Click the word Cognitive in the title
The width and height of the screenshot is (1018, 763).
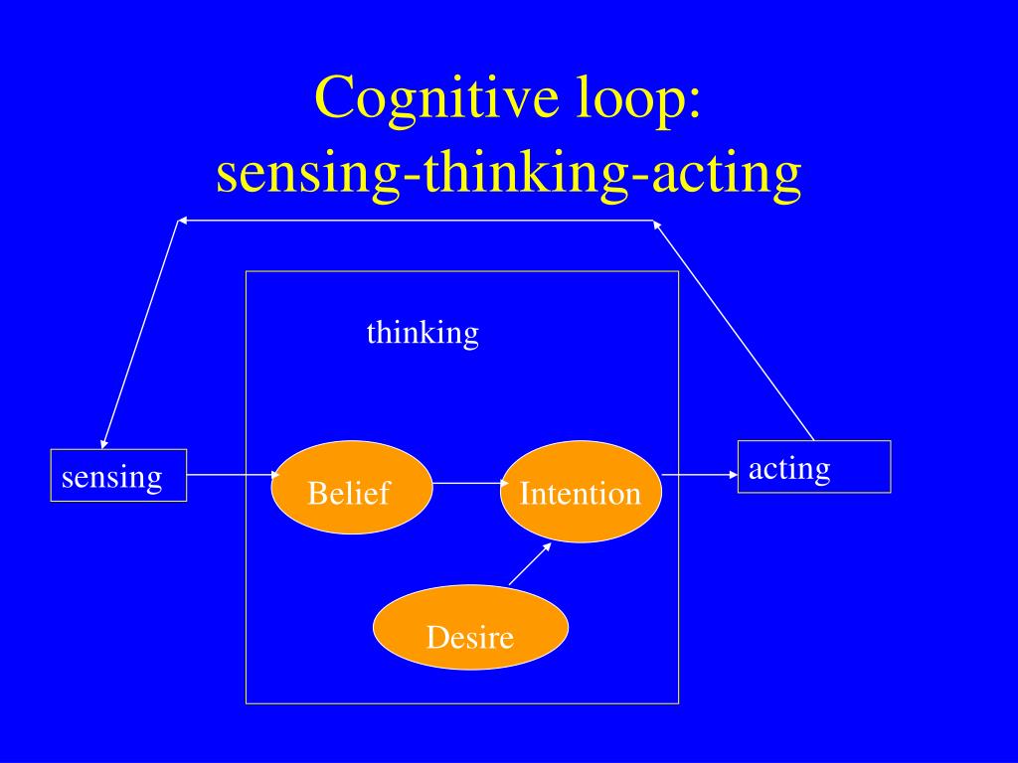437,97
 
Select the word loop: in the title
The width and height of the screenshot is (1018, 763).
639,97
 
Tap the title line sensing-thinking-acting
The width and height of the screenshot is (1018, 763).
509,173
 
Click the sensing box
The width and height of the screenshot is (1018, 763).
119,475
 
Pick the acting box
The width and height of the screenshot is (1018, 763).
814,467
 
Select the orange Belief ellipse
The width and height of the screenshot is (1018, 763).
351,487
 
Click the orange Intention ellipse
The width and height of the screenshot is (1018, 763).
581,491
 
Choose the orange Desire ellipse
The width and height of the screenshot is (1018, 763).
470,628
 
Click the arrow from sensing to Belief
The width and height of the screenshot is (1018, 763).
233,475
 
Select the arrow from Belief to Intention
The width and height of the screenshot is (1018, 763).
470,484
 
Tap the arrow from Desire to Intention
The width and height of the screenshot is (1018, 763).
531,564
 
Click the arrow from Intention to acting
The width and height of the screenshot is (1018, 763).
700,475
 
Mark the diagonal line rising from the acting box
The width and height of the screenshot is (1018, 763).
734,331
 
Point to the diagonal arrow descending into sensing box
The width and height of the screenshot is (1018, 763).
139,335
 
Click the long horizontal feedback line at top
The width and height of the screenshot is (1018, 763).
416,221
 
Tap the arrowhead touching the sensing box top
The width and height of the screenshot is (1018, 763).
103,444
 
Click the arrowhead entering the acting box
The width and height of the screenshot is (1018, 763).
734,475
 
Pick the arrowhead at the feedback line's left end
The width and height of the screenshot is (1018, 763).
183,221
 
